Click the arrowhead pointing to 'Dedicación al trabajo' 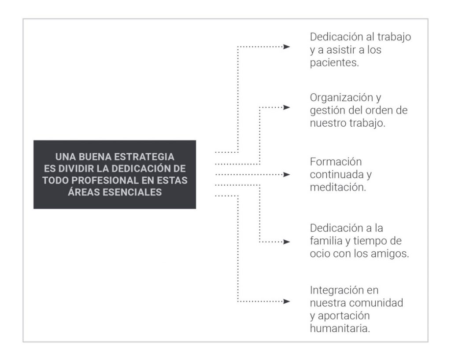tap(287, 46)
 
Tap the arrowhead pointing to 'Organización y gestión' tap(287, 107)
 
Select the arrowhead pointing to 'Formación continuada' tap(287, 174)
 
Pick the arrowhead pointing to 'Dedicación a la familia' tap(287, 242)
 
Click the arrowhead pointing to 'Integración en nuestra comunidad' tap(287, 301)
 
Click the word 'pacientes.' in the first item tap(334, 62)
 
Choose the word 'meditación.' tap(338, 187)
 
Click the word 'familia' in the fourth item tap(326, 241)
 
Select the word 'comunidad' tap(381, 303)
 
